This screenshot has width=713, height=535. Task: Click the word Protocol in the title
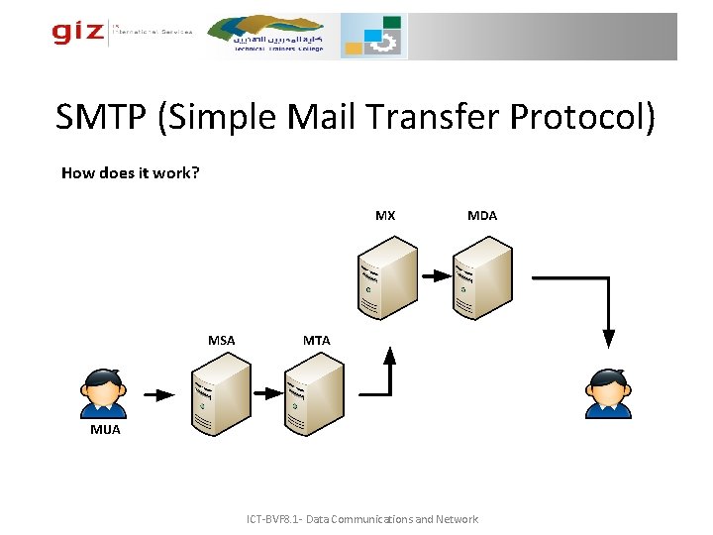(582, 118)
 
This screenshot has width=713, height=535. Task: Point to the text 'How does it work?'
(130, 172)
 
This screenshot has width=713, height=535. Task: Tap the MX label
(385, 215)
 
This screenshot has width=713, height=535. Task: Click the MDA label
(482, 215)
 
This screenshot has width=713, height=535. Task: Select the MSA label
(221, 340)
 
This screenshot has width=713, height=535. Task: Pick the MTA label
(316, 340)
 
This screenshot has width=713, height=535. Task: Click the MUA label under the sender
(105, 429)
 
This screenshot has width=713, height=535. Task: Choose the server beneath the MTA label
(313, 394)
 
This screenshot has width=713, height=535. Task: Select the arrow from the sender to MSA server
(158, 394)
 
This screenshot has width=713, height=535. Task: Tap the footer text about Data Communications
(361, 519)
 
